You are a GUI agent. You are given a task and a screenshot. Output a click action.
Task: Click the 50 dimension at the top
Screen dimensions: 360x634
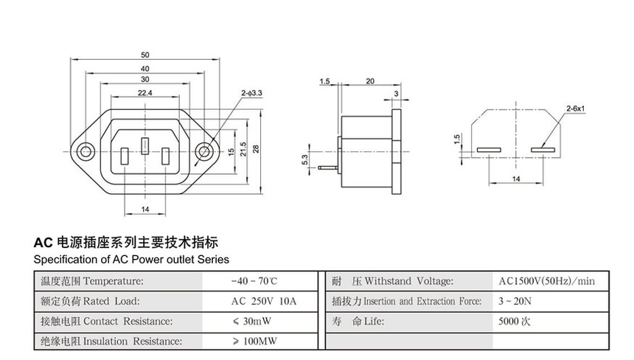coord(144,55)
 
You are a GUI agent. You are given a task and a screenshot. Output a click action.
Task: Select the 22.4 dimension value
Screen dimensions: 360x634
coord(144,93)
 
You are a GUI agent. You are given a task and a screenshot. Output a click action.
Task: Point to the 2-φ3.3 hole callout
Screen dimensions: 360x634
coord(251,93)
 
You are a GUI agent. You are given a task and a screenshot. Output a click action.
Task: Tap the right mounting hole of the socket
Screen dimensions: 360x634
coord(204,153)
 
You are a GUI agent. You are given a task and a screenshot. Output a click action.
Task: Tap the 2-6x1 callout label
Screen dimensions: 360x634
coord(575,109)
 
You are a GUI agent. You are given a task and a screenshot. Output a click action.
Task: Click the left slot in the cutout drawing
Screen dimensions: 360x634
coord(488,150)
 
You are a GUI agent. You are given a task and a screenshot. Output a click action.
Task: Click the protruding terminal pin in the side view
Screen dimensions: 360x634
coord(327,168)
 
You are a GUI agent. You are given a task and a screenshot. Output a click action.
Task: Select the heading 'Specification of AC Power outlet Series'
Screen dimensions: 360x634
coord(131,260)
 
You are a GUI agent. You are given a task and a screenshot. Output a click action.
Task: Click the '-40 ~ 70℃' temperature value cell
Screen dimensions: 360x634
coord(254,281)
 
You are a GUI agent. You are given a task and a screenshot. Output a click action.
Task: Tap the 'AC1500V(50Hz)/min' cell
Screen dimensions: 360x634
coord(546,281)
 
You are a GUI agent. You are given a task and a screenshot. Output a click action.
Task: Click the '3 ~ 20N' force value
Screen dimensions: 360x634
coord(515,301)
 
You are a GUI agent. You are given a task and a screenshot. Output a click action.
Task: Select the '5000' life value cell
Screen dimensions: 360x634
coord(515,322)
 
